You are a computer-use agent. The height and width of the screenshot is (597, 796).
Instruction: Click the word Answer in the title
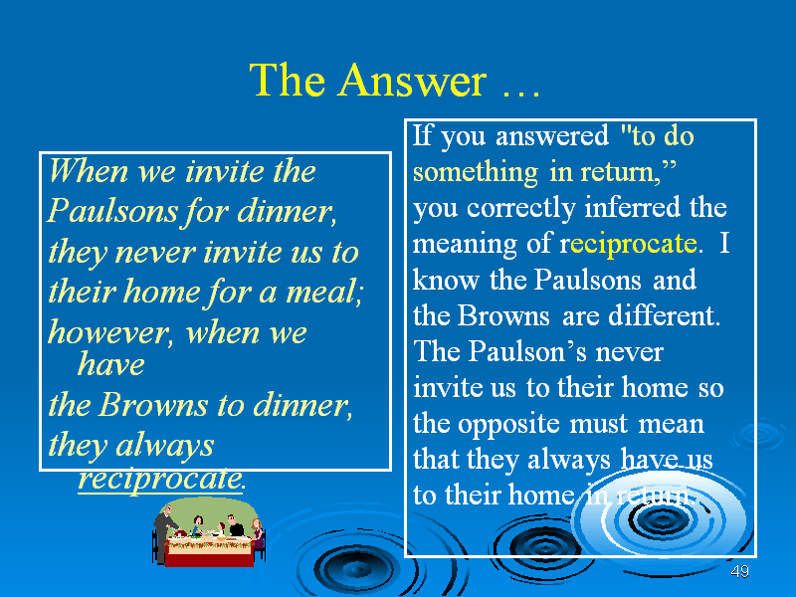click(413, 81)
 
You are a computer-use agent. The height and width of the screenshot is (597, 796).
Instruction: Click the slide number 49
click(739, 571)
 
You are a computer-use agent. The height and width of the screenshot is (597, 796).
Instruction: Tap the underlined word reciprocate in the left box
click(160, 479)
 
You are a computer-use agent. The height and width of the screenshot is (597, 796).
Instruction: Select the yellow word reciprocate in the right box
click(634, 245)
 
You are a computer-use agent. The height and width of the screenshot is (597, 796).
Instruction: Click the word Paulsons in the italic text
click(111, 211)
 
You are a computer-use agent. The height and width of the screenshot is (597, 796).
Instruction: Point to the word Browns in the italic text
click(153, 405)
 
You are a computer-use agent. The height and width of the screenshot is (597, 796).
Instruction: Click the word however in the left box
click(107, 333)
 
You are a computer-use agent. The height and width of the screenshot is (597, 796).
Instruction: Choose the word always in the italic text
click(164, 446)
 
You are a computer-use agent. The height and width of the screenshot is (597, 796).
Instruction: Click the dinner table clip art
click(209, 532)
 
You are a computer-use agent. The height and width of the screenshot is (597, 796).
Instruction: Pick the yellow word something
click(476, 172)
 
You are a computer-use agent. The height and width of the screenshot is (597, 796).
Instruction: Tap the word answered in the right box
click(552, 136)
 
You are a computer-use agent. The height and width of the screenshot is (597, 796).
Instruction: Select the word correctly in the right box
click(521, 209)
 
